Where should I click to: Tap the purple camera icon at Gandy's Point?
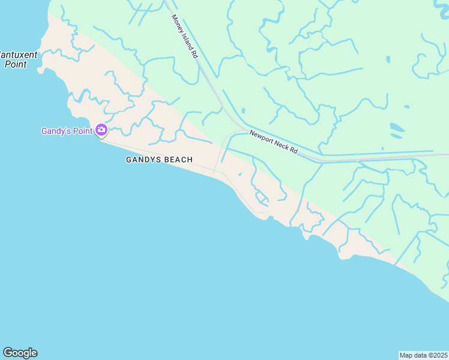(x=101, y=130)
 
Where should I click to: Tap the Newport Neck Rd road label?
(x=274, y=143)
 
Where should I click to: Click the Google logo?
(x=20, y=353)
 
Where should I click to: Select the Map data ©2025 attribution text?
(x=423, y=355)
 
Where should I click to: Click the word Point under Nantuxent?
(x=16, y=64)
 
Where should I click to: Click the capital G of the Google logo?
(x=8, y=353)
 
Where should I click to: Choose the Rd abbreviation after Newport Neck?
(x=293, y=151)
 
